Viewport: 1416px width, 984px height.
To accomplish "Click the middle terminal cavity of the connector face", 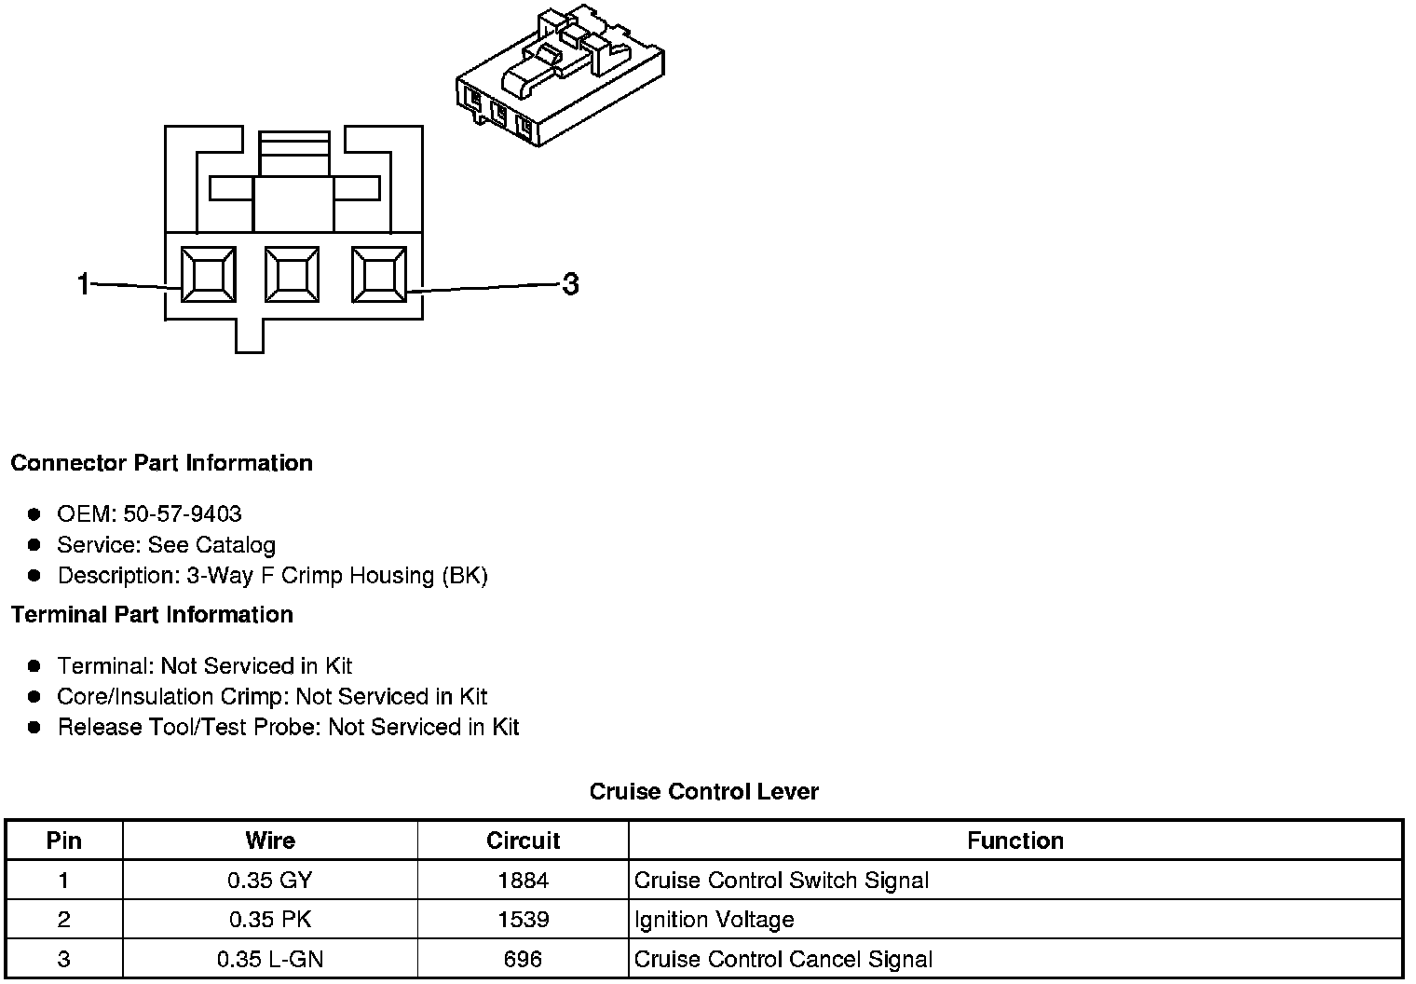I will click(x=293, y=275).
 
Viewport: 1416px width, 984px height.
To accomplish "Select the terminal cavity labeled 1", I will click(x=207, y=275).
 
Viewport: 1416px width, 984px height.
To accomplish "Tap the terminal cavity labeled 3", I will click(x=378, y=275).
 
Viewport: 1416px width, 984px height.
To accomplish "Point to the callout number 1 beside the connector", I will click(x=84, y=283).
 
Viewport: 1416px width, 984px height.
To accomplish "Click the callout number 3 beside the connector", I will click(x=570, y=283).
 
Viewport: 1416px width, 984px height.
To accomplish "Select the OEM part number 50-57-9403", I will click(x=183, y=514).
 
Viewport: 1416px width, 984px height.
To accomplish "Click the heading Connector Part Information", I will click(x=161, y=463).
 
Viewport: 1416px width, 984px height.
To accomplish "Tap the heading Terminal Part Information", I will click(x=152, y=615).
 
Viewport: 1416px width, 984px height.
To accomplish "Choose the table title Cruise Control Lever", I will click(x=703, y=792).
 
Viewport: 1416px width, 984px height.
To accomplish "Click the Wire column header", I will click(x=270, y=840).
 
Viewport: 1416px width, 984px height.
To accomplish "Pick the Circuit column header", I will click(x=523, y=840).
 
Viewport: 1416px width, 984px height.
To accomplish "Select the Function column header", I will click(x=1014, y=840).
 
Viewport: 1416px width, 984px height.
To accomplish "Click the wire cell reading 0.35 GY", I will click(x=270, y=881).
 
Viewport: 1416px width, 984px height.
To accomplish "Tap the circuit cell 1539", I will click(x=523, y=920).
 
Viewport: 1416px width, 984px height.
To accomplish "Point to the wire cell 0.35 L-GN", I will click(x=270, y=959).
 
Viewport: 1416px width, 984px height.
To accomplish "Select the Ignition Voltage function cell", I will click(x=715, y=920).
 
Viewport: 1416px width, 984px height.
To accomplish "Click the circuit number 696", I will click(x=523, y=959).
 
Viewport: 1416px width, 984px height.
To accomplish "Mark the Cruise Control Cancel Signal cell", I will click(x=783, y=959).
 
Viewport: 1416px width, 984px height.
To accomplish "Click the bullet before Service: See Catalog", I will click(x=34, y=544).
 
